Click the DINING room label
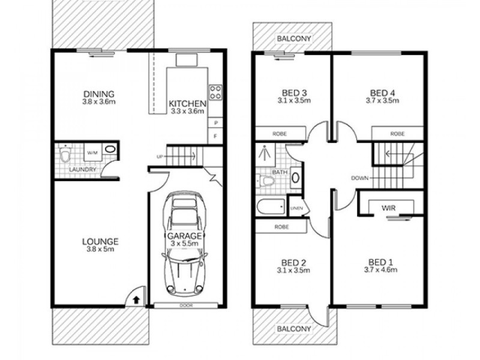[99, 94]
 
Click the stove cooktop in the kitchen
[215, 92]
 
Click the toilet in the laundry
[65, 155]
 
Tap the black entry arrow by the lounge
[136, 297]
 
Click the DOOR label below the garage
[185, 305]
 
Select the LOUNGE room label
[100, 242]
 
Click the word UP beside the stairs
[160, 157]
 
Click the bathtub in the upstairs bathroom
[271, 208]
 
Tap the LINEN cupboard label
[296, 208]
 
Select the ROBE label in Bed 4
[397, 134]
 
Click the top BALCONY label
[293, 39]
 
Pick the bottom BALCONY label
[293, 329]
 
